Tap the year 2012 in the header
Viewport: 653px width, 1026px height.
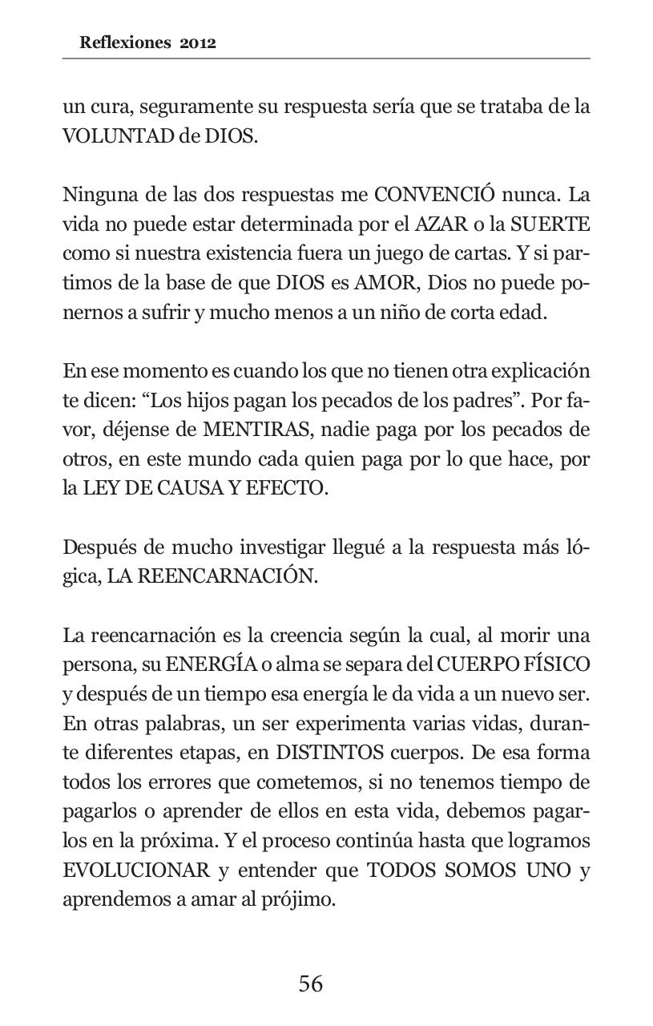pyautogui.click(x=198, y=43)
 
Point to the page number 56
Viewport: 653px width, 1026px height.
pyautogui.click(x=311, y=984)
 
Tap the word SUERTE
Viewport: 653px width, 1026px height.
pyautogui.click(x=550, y=224)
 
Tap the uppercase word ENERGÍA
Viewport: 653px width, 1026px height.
pyautogui.click(x=212, y=664)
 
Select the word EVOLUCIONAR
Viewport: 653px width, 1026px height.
pyautogui.click(x=136, y=870)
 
